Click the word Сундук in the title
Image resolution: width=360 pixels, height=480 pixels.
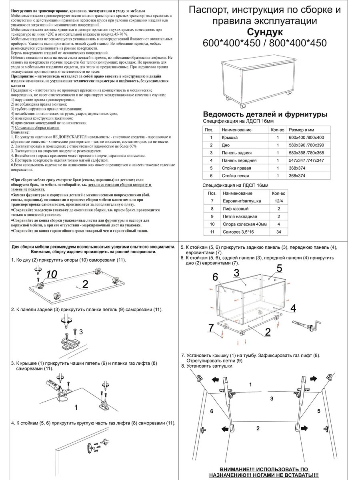point(265,32)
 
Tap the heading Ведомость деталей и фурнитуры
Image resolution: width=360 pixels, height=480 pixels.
point(265,114)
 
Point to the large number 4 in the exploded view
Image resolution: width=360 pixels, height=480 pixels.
point(293,308)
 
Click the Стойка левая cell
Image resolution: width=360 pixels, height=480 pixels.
point(236,176)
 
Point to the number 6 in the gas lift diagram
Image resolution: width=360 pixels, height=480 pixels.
point(212,411)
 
